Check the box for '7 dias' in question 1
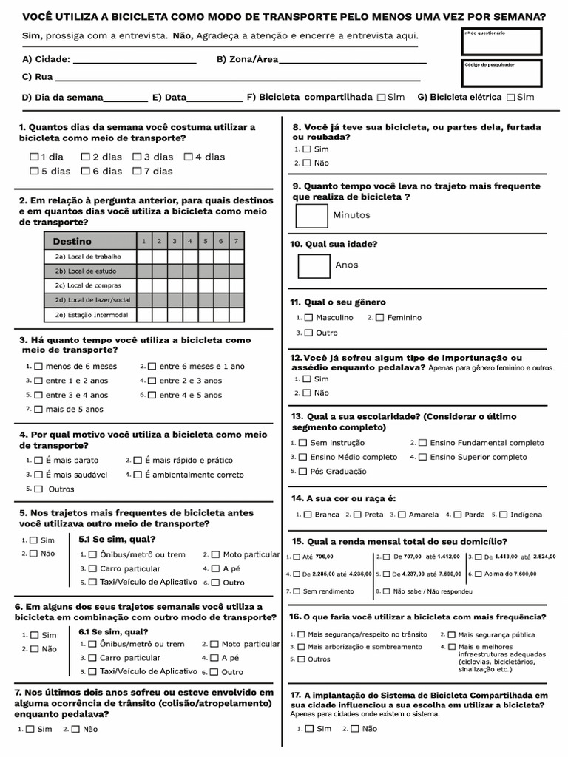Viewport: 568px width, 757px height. coord(138,171)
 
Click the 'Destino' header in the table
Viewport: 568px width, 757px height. coord(72,241)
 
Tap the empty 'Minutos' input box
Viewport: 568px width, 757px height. coord(311,215)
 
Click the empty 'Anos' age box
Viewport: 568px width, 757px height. coord(314,265)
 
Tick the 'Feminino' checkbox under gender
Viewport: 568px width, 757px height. coord(379,318)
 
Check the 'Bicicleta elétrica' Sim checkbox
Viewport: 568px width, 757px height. coord(510,97)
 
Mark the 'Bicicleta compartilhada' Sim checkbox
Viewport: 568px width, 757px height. coord(381,97)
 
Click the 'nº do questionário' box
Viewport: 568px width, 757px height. coord(501,41)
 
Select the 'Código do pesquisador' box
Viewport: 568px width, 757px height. coord(501,73)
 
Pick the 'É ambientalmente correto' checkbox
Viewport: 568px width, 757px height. coord(138,475)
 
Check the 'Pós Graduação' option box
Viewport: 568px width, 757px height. coord(302,471)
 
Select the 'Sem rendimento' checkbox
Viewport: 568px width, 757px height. coord(297,591)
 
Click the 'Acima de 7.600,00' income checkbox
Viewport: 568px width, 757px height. coord(478,574)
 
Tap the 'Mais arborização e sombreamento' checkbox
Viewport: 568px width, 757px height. coord(301,647)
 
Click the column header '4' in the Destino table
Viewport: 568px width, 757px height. coord(189,241)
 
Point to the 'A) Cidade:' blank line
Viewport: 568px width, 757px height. coord(135,61)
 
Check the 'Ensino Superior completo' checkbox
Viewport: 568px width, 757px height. coord(422,458)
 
